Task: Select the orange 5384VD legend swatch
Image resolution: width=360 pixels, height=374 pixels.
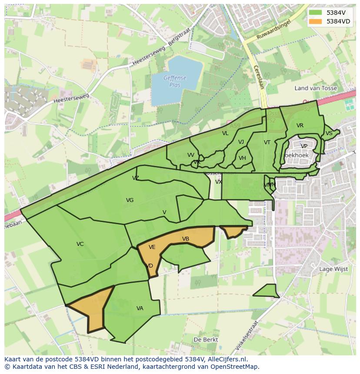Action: click(x=316, y=21)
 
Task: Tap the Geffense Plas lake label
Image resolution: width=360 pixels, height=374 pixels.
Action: click(x=175, y=81)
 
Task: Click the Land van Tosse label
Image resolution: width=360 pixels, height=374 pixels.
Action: click(x=316, y=88)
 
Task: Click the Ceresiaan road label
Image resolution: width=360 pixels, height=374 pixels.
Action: click(x=258, y=77)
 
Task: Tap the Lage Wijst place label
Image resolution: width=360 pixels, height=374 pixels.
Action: click(x=333, y=269)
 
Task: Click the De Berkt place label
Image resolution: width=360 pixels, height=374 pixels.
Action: click(x=206, y=340)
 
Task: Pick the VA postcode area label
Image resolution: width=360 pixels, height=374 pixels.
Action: click(x=140, y=308)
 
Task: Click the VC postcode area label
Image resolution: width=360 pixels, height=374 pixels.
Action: click(x=80, y=244)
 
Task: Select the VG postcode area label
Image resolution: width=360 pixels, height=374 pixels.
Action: click(x=130, y=200)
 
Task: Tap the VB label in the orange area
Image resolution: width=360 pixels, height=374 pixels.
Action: click(x=186, y=239)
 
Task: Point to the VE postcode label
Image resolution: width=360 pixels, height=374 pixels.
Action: click(x=152, y=247)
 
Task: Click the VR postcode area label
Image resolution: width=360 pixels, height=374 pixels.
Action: click(x=300, y=126)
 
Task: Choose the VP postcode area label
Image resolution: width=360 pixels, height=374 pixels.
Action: click(x=304, y=146)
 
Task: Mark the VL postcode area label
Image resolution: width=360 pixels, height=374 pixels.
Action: click(x=225, y=133)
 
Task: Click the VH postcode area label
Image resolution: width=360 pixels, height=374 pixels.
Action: click(x=242, y=158)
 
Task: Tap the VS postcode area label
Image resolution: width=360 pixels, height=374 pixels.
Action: click(x=329, y=133)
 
